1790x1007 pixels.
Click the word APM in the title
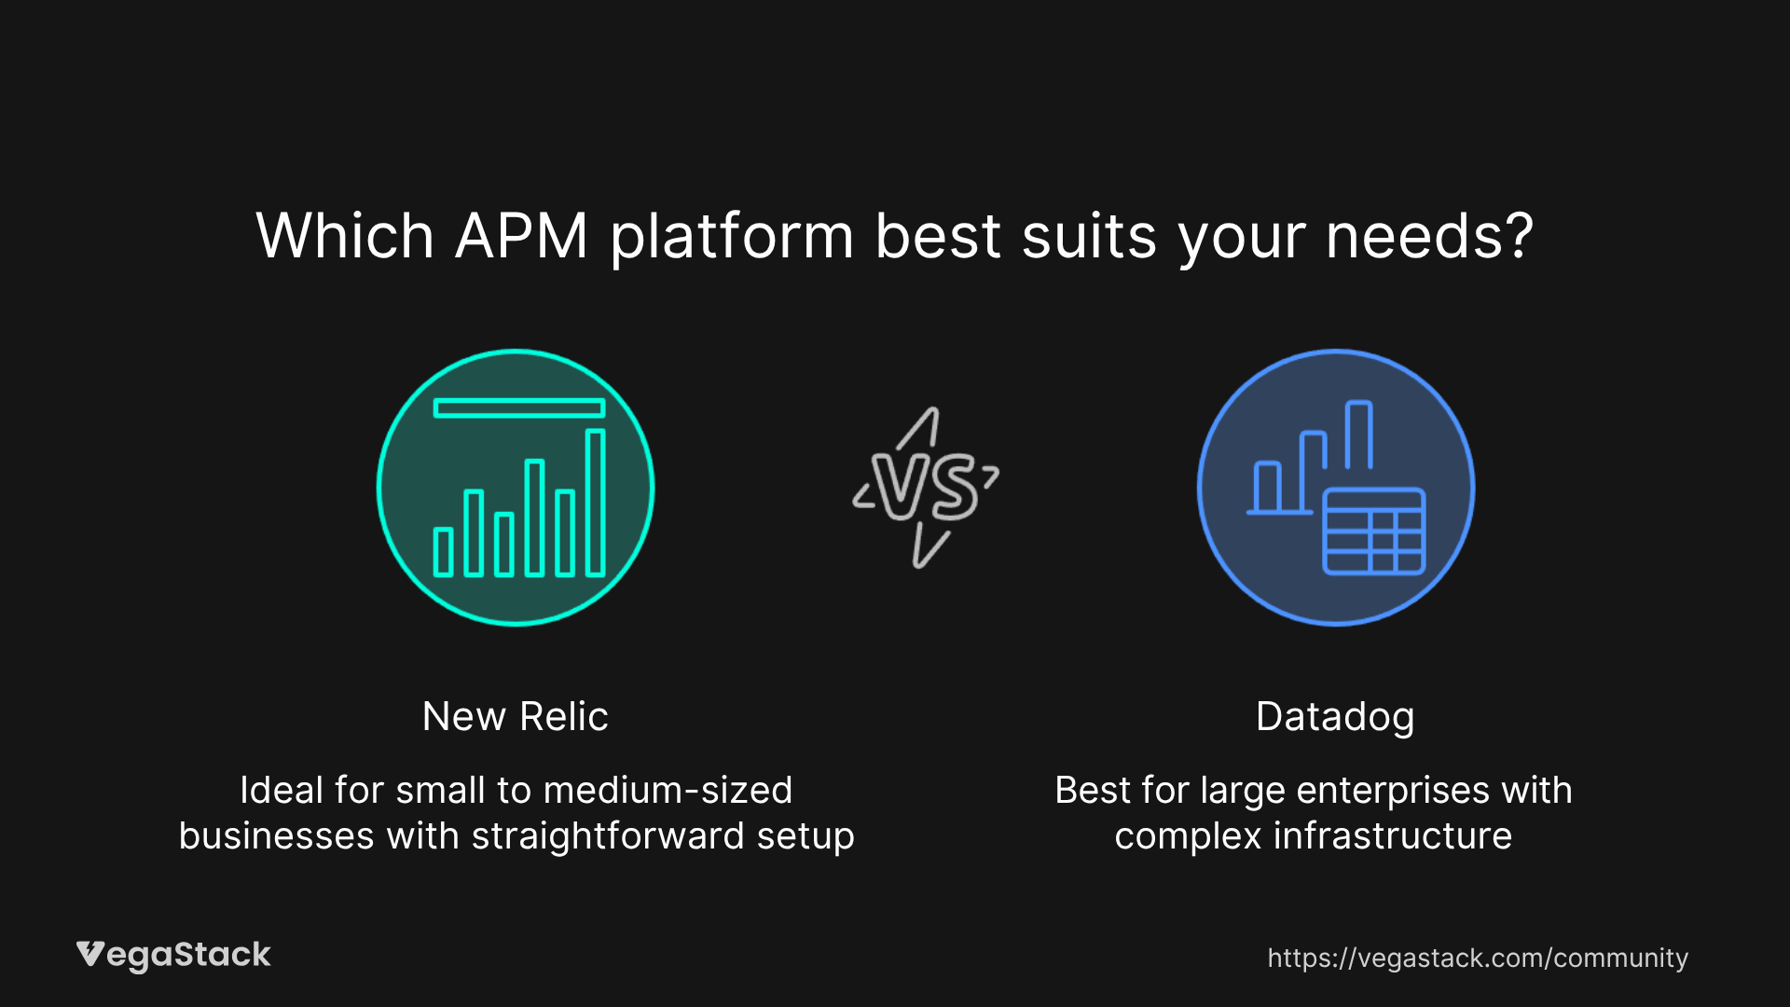[x=521, y=235]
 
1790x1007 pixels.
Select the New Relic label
[x=516, y=716]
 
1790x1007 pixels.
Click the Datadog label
[x=1335, y=717]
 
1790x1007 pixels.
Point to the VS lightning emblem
[x=926, y=488]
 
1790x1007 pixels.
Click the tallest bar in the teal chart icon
[x=595, y=503]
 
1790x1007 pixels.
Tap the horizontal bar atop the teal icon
[x=519, y=407]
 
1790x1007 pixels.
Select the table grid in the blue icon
[x=1374, y=531]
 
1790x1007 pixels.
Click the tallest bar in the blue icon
[x=1358, y=435]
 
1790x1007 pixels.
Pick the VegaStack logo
[x=173, y=956]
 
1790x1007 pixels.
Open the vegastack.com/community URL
[x=1478, y=959]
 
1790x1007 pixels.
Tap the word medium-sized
[x=668, y=790]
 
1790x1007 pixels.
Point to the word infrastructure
[x=1393, y=835]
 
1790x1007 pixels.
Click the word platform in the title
[x=732, y=237]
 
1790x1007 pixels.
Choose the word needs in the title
[x=1412, y=237]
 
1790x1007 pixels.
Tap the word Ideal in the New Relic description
[x=282, y=790]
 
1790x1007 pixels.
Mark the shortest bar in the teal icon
[x=444, y=552]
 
